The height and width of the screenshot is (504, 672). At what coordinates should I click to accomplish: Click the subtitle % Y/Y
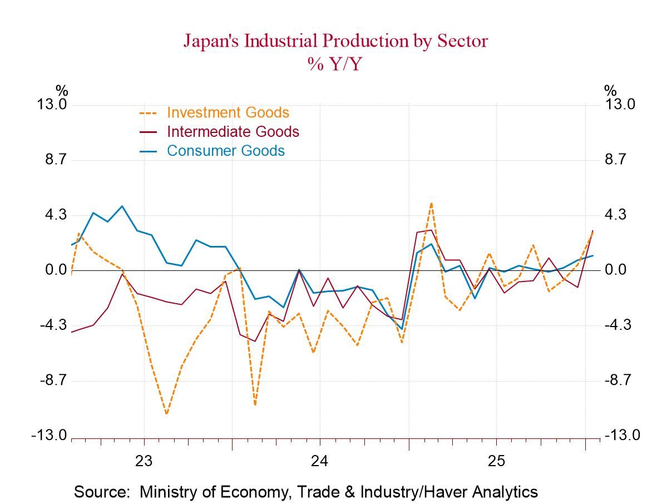(x=335, y=64)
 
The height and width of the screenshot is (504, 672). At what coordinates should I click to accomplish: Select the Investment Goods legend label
(x=228, y=112)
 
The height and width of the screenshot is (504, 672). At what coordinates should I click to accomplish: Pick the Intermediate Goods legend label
(x=233, y=132)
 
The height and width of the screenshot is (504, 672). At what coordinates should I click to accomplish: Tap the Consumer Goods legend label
(x=225, y=151)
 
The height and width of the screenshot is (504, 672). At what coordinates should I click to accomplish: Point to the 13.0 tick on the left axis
(x=52, y=105)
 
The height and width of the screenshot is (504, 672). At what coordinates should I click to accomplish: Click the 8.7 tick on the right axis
(x=615, y=160)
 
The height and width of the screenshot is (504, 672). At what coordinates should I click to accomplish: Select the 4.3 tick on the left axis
(x=56, y=215)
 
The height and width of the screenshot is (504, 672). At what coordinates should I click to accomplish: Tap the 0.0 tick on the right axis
(x=615, y=270)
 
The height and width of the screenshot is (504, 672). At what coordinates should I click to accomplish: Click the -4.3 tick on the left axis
(x=53, y=325)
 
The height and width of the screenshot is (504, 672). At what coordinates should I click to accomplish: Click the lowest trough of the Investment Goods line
(x=166, y=414)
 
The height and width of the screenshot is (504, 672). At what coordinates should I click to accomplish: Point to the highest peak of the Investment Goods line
(x=431, y=203)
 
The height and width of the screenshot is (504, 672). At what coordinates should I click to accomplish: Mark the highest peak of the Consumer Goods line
(x=122, y=206)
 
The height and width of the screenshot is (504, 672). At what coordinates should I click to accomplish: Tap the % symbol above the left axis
(x=61, y=90)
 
